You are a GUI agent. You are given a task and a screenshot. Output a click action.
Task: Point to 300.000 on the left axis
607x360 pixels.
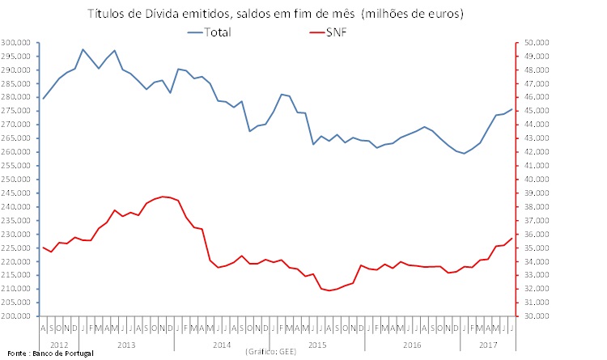point(16,42)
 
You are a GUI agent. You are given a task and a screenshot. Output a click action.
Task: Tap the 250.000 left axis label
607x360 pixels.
point(16,179)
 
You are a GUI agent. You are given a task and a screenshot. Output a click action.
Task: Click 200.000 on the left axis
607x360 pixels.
point(16,316)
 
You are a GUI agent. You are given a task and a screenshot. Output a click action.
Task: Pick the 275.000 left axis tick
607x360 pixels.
point(16,111)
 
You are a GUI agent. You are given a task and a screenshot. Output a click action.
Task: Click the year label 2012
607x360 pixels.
point(59,345)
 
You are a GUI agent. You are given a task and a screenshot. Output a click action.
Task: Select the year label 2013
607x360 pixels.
point(126,345)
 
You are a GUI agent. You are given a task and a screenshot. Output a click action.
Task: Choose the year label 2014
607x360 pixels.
point(222,345)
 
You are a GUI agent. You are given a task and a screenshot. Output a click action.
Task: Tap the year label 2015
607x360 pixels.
point(317,345)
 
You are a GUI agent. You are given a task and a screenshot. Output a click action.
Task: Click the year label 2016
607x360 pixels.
point(412,345)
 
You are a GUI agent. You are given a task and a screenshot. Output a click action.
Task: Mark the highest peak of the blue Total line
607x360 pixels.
point(83,49)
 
